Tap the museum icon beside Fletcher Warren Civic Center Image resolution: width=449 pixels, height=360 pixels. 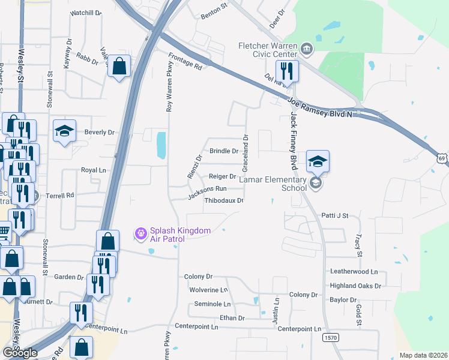click(x=307, y=49)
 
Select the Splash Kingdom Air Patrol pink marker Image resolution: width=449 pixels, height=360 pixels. click(x=140, y=233)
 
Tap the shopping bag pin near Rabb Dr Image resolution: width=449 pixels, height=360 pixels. click(x=119, y=66)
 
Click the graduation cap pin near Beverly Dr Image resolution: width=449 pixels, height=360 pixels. click(x=64, y=132)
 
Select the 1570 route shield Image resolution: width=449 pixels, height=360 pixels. click(x=330, y=338)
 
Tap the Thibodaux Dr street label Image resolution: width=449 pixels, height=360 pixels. click(x=224, y=201)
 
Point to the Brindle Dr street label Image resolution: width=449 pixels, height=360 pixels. click(x=223, y=151)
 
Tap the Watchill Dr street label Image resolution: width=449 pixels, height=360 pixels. click(x=86, y=13)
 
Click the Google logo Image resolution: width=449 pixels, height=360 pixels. click(x=19, y=353)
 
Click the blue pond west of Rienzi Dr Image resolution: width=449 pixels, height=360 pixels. click(x=161, y=145)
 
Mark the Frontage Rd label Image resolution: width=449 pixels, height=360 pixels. click(x=185, y=61)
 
